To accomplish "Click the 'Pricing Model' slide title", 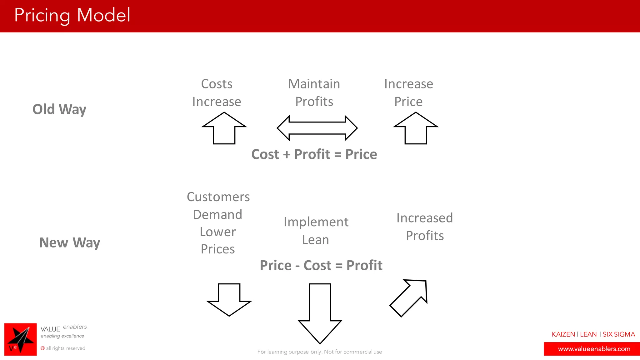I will (72, 15).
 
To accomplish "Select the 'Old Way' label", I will (59, 109).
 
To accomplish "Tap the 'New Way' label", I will (70, 242).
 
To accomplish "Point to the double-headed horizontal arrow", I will (317, 128).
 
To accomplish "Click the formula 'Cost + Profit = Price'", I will (314, 154).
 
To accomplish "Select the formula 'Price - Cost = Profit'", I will (321, 265).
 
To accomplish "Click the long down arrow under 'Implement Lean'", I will (320, 312).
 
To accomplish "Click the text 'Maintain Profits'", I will (314, 92).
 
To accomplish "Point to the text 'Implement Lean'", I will (316, 231).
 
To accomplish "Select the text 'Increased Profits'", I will (425, 227).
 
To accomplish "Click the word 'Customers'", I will (218, 197).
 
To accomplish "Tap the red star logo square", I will (20, 339).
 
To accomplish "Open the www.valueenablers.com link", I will (594, 349).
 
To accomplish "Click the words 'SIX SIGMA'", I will (619, 334).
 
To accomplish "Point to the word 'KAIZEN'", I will (563, 334).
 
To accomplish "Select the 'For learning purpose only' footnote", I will (319, 352).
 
